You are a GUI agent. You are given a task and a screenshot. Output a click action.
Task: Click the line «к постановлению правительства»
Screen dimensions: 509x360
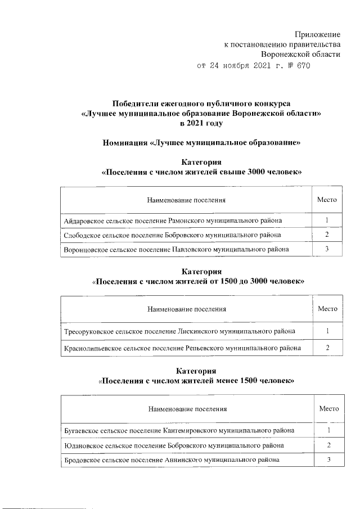(x=282, y=45)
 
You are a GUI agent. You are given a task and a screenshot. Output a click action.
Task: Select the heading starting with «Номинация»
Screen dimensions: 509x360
(x=201, y=143)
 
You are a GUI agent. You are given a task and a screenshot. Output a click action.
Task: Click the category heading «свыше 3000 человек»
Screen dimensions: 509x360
(x=201, y=172)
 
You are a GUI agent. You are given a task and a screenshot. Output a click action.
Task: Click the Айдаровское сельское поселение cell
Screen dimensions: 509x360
(x=173, y=220)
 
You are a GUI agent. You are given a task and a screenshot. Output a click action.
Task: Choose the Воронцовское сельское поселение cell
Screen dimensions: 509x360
(x=177, y=249)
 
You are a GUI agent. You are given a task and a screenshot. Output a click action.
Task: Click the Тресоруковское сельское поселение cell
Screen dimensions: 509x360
(x=179, y=331)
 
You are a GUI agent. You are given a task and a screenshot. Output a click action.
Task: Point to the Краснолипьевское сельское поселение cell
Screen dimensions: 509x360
(x=182, y=348)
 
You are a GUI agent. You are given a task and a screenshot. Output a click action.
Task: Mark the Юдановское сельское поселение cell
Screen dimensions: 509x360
(x=174, y=445)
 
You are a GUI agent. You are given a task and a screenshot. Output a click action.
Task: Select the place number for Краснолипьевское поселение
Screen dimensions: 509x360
(x=327, y=348)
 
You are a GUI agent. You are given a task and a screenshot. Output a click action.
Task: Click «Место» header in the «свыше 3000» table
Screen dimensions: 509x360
(x=327, y=200)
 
